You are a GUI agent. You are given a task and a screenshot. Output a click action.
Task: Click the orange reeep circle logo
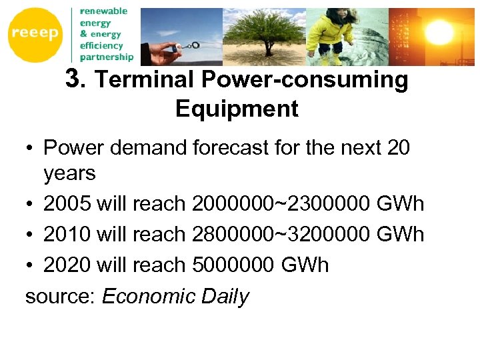pos(35,34)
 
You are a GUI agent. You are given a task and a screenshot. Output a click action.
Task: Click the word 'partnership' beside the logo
pos(107,57)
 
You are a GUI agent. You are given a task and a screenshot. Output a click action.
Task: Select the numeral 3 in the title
pos(73,80)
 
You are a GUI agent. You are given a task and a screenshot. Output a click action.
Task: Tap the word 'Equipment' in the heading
pos(237,109)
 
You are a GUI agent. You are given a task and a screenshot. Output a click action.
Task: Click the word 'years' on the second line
pos(69,173)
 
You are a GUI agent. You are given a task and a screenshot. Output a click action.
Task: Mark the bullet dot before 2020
pos(30,265)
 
